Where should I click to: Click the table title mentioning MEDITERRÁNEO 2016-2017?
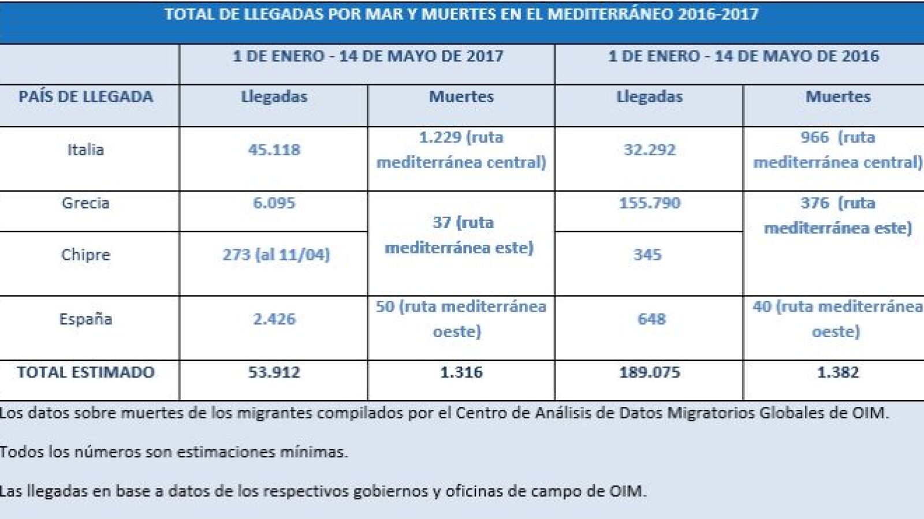[461, 14]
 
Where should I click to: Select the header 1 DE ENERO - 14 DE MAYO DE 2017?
[368, 56]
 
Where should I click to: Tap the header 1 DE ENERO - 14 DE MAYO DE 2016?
[743, 56]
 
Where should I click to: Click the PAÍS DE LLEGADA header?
[86, 96]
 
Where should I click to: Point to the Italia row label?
[85, 150]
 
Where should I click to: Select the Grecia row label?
[85, 203]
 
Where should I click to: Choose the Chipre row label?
[85, 255]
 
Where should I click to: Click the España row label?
[85, 319]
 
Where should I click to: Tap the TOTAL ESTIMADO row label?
[85, 372]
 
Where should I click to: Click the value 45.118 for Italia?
[274, 150]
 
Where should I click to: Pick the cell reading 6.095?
[274, 203]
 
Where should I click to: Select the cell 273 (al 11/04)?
[276, 255]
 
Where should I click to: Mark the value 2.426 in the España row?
[274, 319]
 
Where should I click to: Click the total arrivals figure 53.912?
[274, 372]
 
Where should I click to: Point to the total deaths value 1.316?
[461, 372]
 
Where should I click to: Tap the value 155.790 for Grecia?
[650, 203]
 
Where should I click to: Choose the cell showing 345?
[647, 255]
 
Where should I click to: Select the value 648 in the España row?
[651, 319]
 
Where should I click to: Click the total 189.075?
[650, 372]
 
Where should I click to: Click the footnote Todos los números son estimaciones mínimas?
[174, 451]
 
